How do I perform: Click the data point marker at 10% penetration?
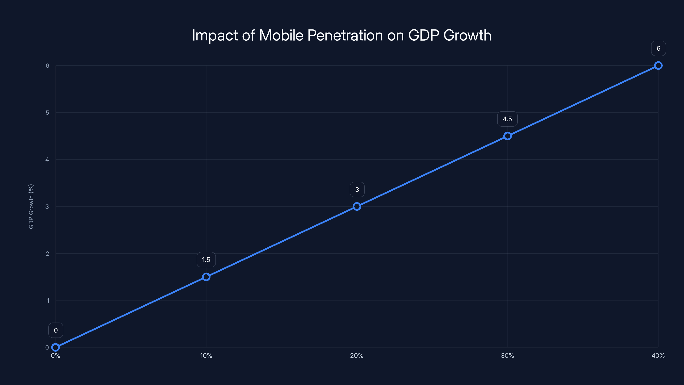click(206, 277)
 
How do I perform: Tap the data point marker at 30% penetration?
click(507, 136)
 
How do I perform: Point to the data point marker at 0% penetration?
click(56, 347)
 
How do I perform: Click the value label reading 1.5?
click(206, 260)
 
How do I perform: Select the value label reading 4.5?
click(507, 119)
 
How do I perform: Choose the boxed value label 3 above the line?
click(357, 190)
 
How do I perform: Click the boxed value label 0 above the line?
click(56, 330)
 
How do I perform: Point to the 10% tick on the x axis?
click(206, 355)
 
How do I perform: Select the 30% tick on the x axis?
click(507, 355)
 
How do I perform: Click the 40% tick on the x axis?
click(658, 355)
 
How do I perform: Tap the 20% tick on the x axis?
click(357, 355)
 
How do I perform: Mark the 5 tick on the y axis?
click(47, 113)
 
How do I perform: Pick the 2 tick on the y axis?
click(47, 253)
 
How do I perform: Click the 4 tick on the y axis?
click(47, 160)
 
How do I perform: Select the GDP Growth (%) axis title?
click(31, 206)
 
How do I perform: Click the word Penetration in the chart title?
click(345, 35)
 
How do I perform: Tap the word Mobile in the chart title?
click(281, 35)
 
